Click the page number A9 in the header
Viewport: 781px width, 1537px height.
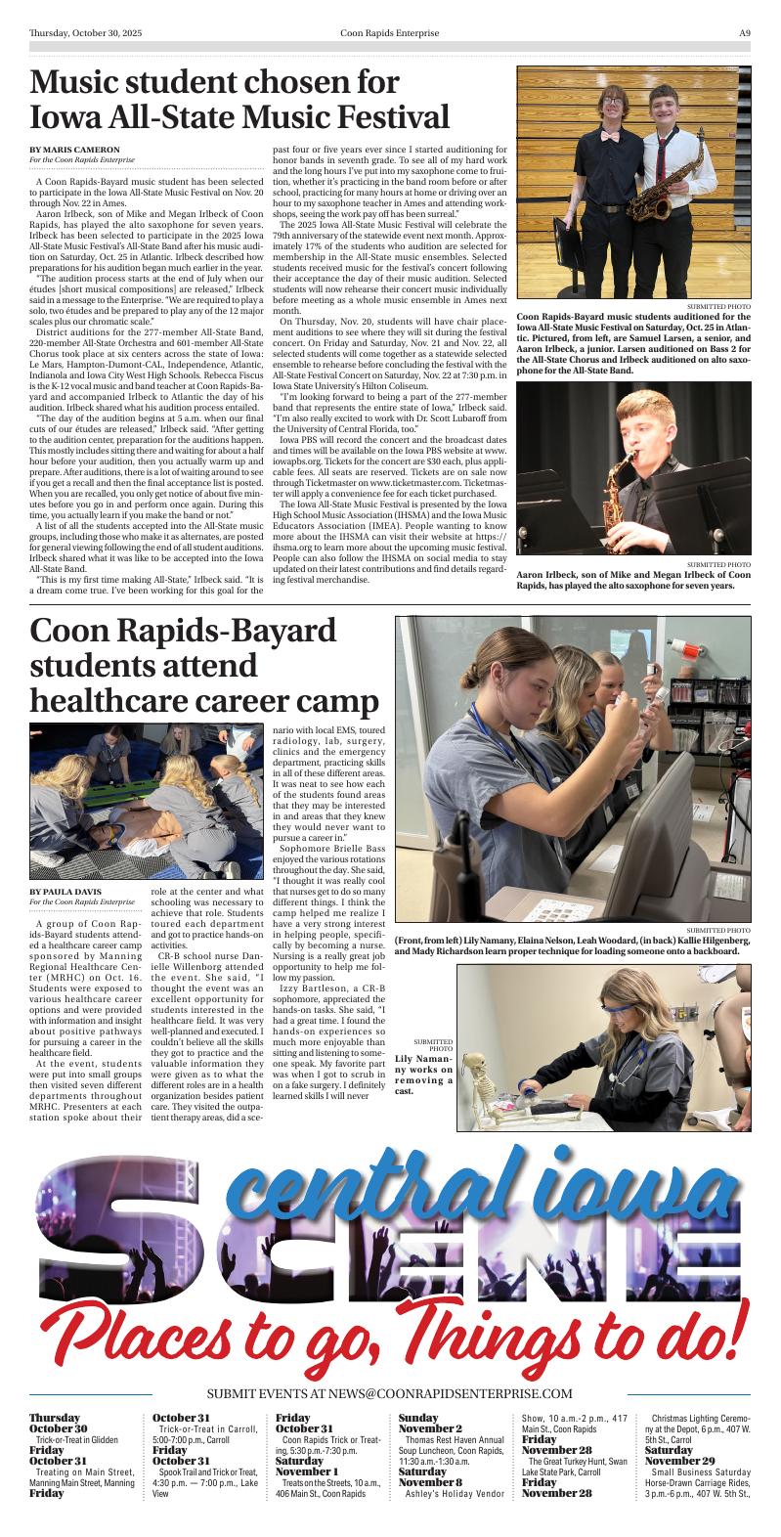click(x=744, y=32)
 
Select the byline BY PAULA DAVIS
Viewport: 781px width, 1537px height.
click(x=65, y=892)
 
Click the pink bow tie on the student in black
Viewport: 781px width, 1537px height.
click(x=610, y=137)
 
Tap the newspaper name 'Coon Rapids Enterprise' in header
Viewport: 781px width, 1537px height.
click(x=390, y=32)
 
